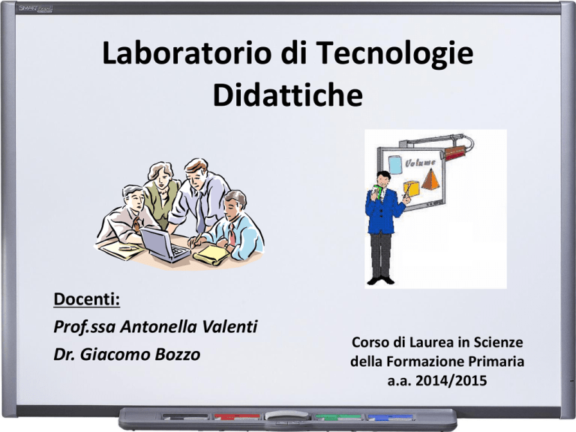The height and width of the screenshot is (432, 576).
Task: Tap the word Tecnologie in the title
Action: (394, 54)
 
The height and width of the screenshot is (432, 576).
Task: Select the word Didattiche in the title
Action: (288, 95)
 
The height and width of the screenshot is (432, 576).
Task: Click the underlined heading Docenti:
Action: (87, 299)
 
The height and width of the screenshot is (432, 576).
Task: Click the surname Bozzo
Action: (178, 355)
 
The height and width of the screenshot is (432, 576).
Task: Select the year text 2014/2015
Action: (451, 380)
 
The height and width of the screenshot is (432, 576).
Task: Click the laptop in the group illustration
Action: (164, 244)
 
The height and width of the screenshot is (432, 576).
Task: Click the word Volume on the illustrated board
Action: (421, 162)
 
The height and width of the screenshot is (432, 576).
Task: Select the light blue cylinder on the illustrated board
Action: (396, 164)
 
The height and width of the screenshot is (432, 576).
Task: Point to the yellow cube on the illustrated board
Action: (411, 188)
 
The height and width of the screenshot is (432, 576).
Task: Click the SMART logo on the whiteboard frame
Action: (35, 8)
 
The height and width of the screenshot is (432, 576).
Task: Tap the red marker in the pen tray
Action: (237, 417)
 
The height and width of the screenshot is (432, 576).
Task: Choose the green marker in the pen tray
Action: (338, 417)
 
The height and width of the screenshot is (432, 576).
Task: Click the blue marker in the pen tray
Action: (391, 417)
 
